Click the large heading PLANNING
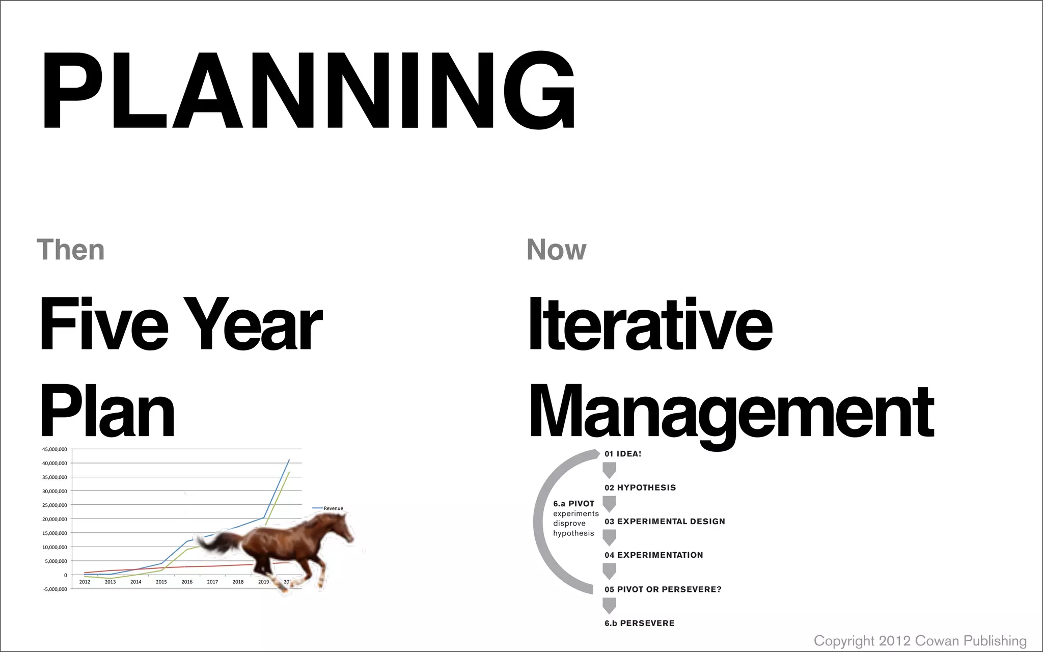click(x=308, y=91)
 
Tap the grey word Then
click(x=70, y=250)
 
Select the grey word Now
click(x=556, y=250)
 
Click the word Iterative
click(x=650, y=324)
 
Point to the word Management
click(x=731, y=412)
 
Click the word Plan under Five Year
click(x=107, y=412)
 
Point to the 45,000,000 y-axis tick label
click(x=54, y=449)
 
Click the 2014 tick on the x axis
click(x=135, y=582)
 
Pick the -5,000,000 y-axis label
click(x=54, y=589)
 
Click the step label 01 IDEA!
click(x=623, y=454)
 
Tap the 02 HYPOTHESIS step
click(x=640, y=487)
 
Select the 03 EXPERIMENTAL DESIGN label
click(x=665, y=522)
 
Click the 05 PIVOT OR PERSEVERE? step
click(x=663, y=589)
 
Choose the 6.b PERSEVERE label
click(x=640, y=623)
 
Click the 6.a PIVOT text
click(x=573, y=504)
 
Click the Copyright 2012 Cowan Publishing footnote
click(x=920, y=641)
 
